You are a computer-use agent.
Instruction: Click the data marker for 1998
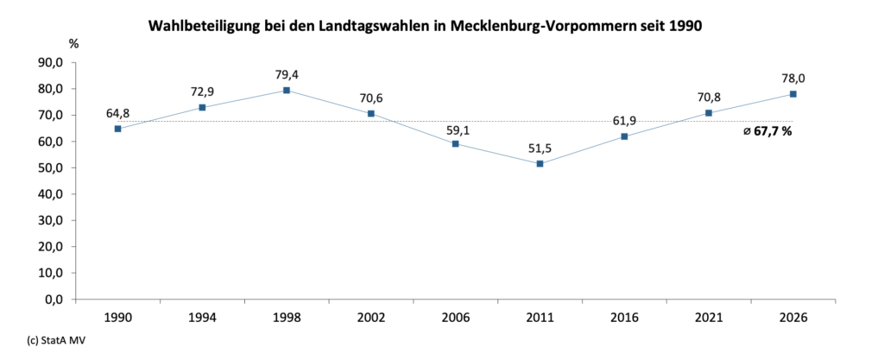coord(287,90)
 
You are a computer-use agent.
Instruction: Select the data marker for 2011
coord(540,163)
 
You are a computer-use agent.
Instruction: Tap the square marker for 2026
coord(792,94)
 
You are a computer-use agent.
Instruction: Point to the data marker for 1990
coord(117,129)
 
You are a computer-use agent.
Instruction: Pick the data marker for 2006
coord(456,143)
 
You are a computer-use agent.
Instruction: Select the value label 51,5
coord(540,148)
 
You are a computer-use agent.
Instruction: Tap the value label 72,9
coord(202,92)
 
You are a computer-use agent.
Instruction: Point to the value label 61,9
coord(624,120)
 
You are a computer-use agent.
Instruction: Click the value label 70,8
coord(709,97)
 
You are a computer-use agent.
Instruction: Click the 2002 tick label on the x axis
coord(371,317)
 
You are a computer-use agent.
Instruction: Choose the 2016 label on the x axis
coord(624,317)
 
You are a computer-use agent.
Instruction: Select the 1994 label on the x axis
coord(202,317)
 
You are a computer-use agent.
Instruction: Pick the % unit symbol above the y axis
coord(74,42)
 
